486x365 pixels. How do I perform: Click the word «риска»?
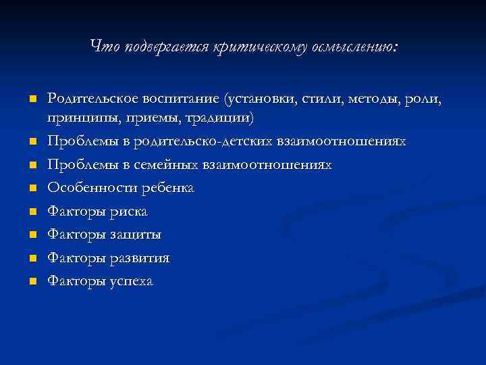pyautogui.click(x=128, y=212)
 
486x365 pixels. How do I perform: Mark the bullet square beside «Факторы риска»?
pyautogui.click(x=31, y=212)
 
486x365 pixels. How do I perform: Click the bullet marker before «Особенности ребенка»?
pyautogui.click(x=31, y=189)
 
